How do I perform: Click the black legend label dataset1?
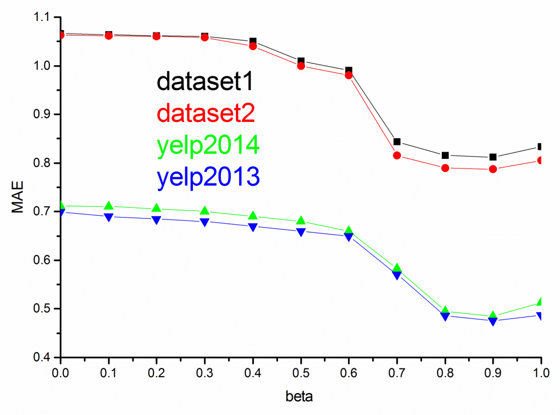205,81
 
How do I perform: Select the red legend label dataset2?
206,113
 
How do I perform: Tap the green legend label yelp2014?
208,145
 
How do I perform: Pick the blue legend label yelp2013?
208,177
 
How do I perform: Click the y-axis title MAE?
18,197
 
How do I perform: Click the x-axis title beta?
299,397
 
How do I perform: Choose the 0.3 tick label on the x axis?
205,373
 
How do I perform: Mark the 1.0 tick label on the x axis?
541,373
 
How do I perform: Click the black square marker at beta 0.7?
397,142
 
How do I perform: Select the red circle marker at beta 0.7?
397,155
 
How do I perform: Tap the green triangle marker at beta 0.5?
301,221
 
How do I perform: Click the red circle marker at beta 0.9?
493,169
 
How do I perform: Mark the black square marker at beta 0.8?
445,155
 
